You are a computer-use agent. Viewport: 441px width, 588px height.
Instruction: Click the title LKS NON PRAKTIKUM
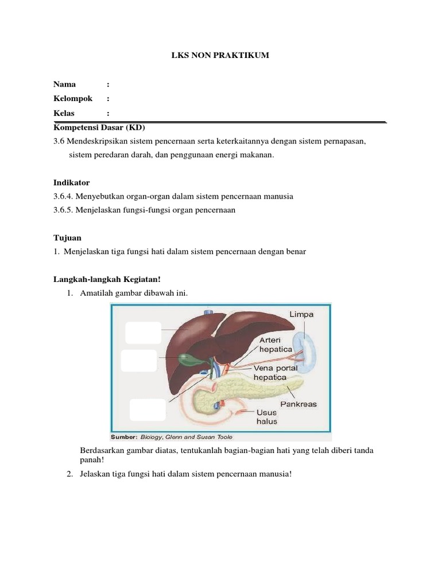click(x=220, y=55)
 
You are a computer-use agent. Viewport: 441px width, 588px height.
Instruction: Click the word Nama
click(x=64, y=84)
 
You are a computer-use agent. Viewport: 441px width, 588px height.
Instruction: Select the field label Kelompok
click(x=73, y=98)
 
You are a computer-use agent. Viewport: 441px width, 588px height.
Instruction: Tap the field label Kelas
click(x=64, y=113)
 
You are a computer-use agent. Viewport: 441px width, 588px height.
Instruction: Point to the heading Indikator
click(x=71, y=182)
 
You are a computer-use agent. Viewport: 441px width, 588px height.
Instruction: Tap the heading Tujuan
click(x=67, y=237)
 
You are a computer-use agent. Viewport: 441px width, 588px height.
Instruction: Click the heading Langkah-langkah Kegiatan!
click(x=107, y=279)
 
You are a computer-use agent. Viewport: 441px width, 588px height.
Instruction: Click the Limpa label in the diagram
click(x=301, y=315)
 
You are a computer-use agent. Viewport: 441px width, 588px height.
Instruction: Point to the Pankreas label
click(x=298, y=404)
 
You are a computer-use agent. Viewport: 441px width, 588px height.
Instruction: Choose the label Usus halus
click(x=266, y=417)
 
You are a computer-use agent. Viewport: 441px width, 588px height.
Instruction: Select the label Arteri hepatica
click(x=276, y=344)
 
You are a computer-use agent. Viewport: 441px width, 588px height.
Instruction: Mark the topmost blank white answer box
click(x=143, y=334)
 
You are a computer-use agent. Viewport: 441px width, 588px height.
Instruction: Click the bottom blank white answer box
click(x=148, y=410)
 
